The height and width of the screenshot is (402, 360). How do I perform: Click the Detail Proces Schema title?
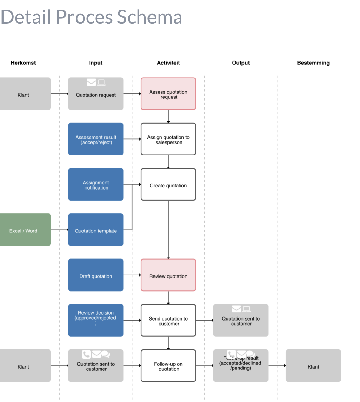click(91, 17)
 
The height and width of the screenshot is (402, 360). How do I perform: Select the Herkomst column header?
click(23, 63)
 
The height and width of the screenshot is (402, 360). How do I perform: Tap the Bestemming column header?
click(313, 63)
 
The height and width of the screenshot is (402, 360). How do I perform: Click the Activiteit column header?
click(168, 63)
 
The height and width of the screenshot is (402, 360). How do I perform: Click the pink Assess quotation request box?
click(168, 94)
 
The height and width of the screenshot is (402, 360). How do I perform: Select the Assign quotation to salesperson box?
click(168, 139)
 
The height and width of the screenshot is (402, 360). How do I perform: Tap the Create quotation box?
click(168, 184)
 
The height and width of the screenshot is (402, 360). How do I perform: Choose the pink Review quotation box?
click(168, 275)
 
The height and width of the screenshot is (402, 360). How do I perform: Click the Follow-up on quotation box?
click(168, 366)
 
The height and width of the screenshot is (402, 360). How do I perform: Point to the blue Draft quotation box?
click(96, 275)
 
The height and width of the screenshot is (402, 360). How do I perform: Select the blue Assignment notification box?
click(96, 184)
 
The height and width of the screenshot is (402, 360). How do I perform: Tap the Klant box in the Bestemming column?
click(313, 366)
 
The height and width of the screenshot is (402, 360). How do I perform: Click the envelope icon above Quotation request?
click(91, 82)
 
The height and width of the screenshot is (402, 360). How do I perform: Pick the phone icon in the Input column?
click(86, 354)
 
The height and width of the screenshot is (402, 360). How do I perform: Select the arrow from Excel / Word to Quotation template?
click(59, 230)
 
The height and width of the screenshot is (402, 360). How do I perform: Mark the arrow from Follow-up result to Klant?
click(277, 366)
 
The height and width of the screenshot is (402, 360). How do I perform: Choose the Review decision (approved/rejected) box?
click(96, 320)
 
